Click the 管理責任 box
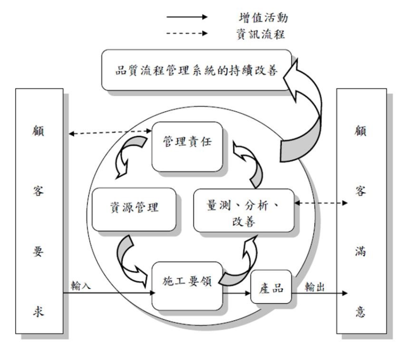click(x=187, y=144)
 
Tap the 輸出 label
click(x=314, y=286)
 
